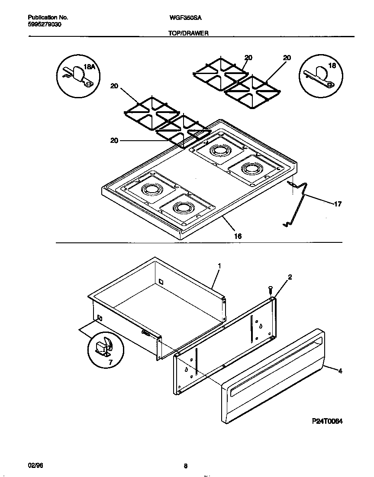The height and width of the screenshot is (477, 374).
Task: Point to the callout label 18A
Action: point(88,67)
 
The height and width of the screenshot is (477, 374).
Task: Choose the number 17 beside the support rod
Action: point(338,204)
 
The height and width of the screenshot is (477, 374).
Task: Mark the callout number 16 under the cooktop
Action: point(238,236)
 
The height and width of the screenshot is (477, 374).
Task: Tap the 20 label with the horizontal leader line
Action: point(114,140)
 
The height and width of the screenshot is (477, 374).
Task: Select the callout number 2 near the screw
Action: point(290,277)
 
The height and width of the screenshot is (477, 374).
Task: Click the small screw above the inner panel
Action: point(271,288)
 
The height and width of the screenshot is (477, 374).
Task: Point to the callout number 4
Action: point(340,371)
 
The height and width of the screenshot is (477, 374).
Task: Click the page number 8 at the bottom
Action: point(185,466)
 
